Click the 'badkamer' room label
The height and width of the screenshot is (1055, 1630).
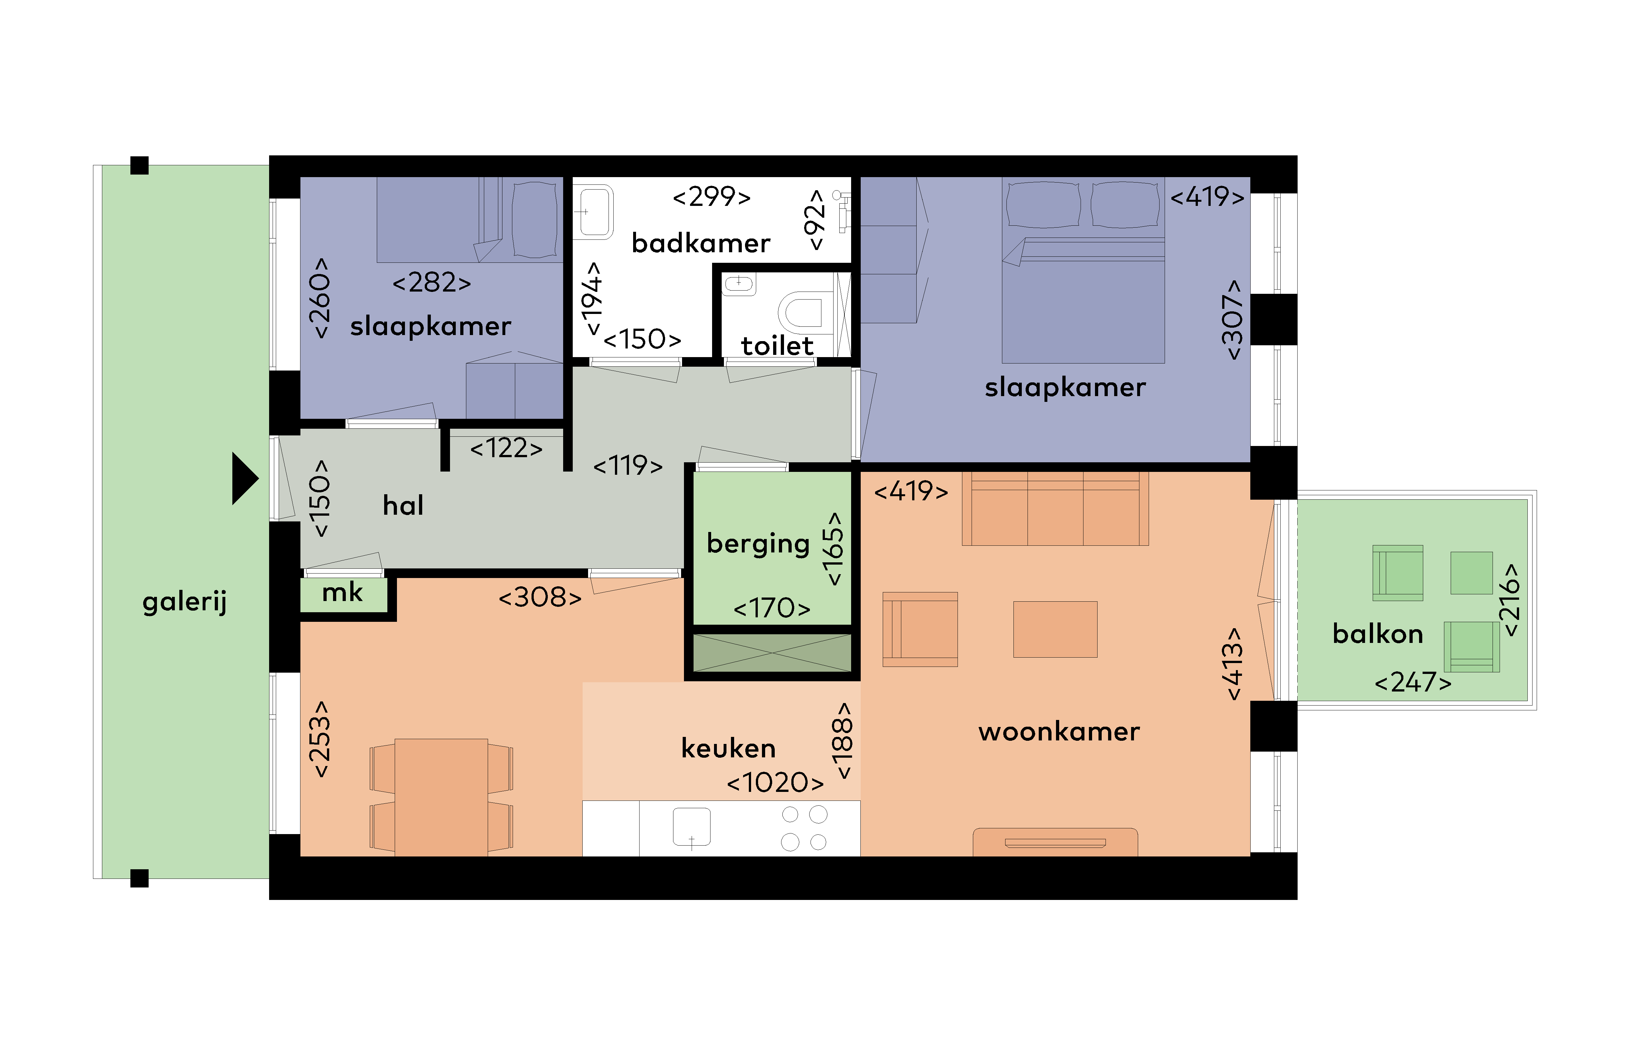[701, 243]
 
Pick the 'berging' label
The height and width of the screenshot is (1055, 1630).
[758, 544]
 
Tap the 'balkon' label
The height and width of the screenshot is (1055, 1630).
[1378, 634]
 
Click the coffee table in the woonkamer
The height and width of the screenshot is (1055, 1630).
[1055, 629]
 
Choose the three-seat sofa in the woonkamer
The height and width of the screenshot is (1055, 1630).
[1055, 508]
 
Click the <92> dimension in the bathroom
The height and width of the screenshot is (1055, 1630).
[815, 220]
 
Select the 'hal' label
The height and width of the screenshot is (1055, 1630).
[403, 505]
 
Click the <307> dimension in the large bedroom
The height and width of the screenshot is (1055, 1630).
[1232, 319]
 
